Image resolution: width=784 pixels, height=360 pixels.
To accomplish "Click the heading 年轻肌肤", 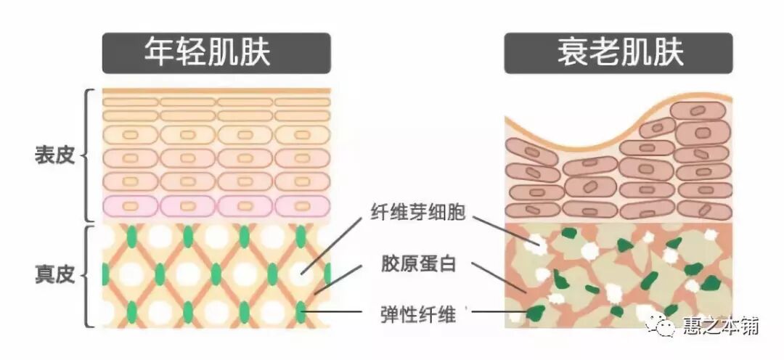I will [217, 53].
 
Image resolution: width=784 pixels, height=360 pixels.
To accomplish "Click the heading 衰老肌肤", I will [618, 53].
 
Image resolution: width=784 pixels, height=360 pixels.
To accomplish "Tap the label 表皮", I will [54, 156].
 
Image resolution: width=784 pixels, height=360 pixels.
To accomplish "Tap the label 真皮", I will [54, 276].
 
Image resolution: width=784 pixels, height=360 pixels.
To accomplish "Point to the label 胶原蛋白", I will [417, 263].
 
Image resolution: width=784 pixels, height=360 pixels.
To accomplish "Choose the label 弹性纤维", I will [417, 314].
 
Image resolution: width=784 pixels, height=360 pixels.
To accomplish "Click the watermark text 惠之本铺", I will [720, 327].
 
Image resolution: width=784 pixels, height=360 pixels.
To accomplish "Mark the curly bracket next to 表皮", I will [89, 155].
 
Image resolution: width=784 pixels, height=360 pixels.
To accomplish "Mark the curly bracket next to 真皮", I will [89, 276].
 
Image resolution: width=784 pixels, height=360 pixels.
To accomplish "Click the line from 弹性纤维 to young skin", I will [334, 314].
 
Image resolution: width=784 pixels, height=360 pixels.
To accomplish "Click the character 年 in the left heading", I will [159, 53].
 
